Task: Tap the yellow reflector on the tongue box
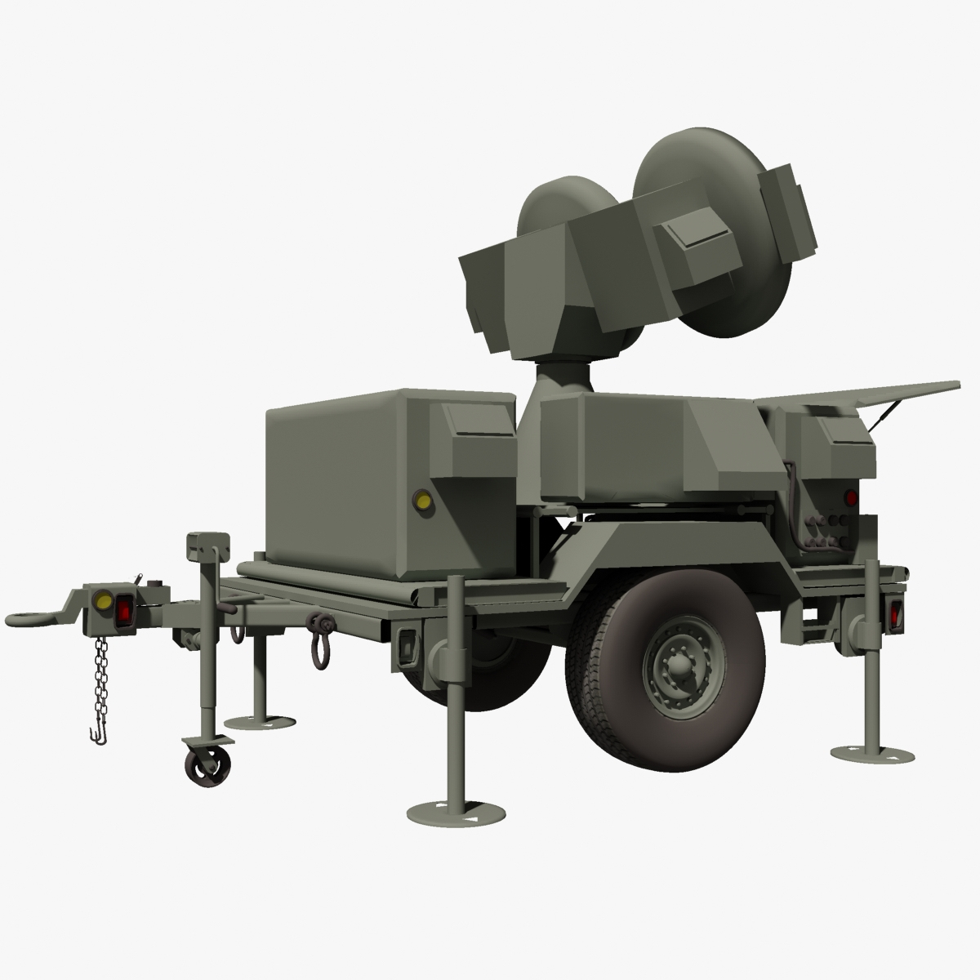(104, 602)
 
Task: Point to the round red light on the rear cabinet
(850, 497)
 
